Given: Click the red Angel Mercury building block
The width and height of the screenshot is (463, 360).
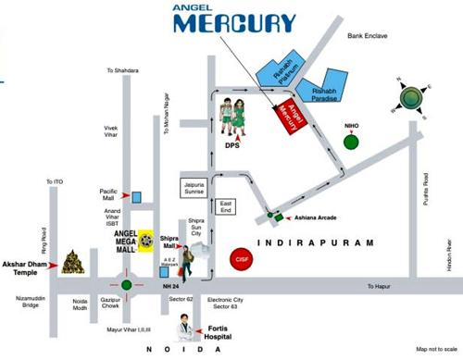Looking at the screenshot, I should pos(287,118).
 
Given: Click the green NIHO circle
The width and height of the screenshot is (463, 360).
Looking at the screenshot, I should pos(350,142).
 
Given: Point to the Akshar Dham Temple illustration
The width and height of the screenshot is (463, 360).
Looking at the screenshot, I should pos(74,264).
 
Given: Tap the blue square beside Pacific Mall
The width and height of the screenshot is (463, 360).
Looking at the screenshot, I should pos(136,196).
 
